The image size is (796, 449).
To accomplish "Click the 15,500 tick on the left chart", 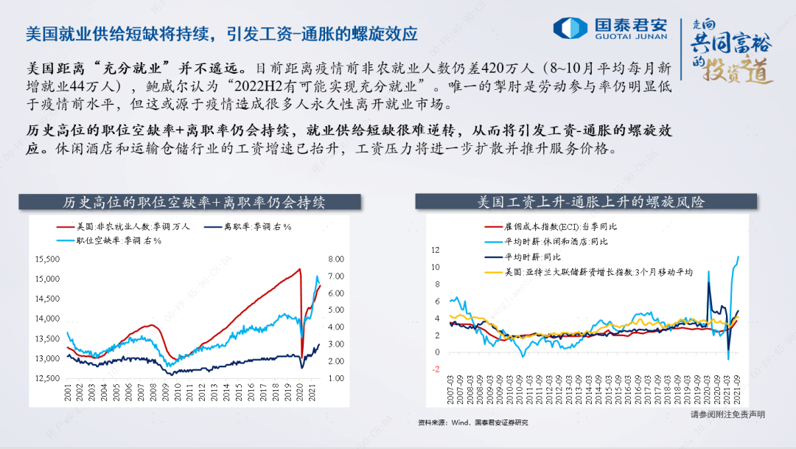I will (46, 259).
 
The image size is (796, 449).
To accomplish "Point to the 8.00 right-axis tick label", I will (335, 259).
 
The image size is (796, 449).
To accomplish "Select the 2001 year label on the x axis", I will (68, 392).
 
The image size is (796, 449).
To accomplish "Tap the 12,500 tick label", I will (46, 378).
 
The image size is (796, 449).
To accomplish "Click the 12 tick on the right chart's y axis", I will (435, 250).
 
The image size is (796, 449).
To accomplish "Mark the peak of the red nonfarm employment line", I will (299, 268).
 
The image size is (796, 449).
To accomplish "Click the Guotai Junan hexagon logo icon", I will (570, 28).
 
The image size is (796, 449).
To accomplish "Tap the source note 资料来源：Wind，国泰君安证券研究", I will (472, 422).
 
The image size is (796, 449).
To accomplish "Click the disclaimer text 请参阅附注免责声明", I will (727, 414).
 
